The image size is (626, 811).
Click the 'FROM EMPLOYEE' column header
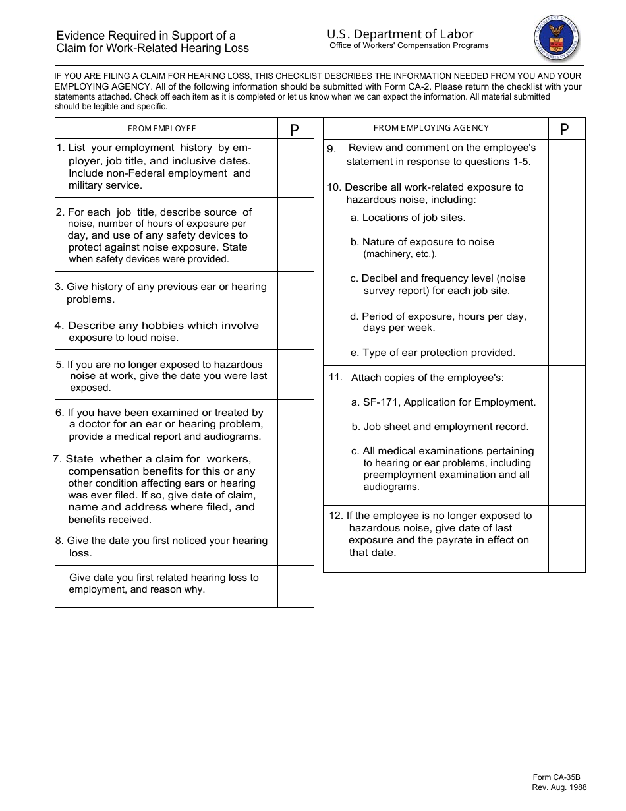tap(162, 129)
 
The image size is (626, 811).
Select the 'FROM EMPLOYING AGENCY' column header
tap(432, 128)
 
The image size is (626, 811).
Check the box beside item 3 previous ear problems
tap(295, 292)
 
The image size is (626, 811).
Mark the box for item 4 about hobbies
tap(295, 330)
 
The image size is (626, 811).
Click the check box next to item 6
tap(295, 424)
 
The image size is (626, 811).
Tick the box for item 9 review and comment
tap(567, 156)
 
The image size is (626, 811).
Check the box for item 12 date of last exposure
tap(567, 538)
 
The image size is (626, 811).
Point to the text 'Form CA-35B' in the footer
tap(556, 777)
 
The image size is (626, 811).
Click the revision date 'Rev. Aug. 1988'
tap(559, 787)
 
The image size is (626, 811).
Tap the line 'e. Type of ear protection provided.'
tap(433, 353)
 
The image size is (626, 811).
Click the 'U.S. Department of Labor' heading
tap(400, 34)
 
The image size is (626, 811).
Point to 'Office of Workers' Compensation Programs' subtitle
tap(409, 46)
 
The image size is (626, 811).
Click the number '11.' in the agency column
tap(335, 377)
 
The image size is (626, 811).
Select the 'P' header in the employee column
tap(295, 130)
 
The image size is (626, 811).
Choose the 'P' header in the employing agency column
tap(564, 130)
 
